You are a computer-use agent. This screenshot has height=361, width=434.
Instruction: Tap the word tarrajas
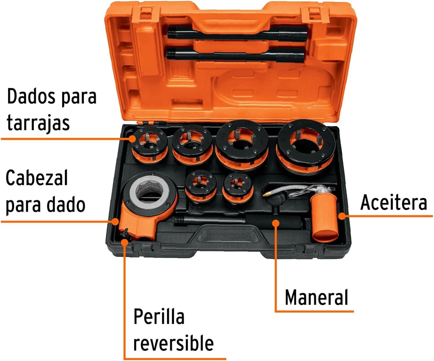coord(38,123)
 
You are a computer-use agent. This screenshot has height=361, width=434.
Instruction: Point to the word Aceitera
coord(393,203)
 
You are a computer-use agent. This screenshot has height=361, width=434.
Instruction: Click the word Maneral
coord(316,297)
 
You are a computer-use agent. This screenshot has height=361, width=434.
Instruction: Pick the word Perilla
coord(159,316)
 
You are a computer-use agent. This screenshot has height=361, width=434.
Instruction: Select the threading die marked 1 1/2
coord(242,145)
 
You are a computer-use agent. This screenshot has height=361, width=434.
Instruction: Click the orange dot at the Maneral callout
coord(276,223)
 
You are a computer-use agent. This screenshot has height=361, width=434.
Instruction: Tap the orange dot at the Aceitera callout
coord(342,216)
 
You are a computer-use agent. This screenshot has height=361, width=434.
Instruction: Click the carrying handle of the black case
coord(230,236)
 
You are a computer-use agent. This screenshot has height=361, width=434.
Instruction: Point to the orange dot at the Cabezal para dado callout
coord(115,221)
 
